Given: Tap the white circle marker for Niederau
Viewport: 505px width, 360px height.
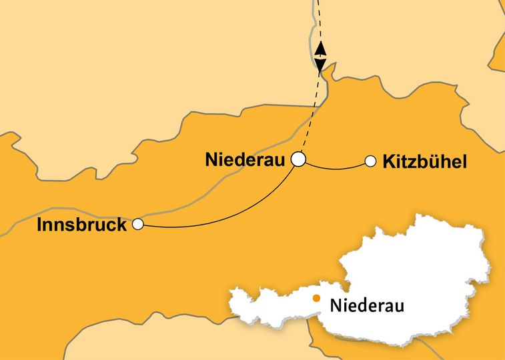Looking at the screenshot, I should point(298,159).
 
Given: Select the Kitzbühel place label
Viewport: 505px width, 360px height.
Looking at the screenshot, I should point(424,161).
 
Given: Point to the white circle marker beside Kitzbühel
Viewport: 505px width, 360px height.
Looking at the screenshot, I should point(370,160).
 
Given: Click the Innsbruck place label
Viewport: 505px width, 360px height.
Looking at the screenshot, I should point(82,225).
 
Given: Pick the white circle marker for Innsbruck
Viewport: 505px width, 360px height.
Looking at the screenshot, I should point(138,224).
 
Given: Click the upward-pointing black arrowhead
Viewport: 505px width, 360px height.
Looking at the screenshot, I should point(321,48).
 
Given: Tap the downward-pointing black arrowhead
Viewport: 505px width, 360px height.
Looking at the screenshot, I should point(321,65).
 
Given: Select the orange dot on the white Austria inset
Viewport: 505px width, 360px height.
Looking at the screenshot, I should point(316,299).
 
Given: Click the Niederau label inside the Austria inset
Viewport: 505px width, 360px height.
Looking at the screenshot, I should point(367,306).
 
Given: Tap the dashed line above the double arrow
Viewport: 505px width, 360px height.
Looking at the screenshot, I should point(319,20).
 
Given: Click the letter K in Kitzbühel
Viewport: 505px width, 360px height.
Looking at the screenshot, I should point(389,161).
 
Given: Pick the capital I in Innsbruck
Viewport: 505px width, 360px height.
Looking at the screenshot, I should point(41,225).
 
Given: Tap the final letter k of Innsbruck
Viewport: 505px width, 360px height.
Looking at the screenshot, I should point(121,225).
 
